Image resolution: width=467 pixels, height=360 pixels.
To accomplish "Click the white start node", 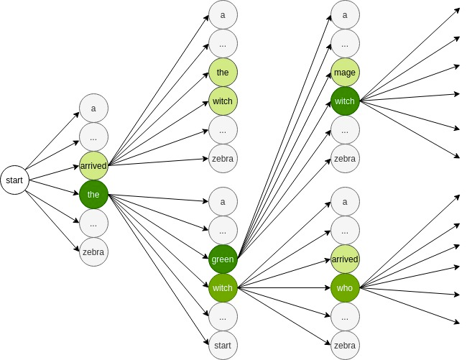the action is point(14,180).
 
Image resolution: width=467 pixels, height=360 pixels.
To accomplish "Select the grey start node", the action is point(223,346).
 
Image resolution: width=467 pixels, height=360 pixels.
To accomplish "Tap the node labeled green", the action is point(223,259).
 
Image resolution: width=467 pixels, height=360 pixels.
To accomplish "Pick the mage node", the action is point(345,73).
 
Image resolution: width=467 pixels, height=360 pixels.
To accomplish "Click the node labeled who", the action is point(345,288).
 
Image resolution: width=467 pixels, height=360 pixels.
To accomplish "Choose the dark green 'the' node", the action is point(93,195).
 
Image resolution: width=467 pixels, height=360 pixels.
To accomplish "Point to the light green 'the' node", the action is point(223,73).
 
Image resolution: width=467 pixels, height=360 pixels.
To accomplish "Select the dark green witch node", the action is point(345,101).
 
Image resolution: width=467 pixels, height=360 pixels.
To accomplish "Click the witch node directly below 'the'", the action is point(223,101).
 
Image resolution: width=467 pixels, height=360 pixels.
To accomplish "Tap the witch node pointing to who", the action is point(223,288).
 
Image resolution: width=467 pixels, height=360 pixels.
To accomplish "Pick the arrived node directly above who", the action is point(345,259).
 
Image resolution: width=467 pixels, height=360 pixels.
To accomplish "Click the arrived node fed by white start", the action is point(93,166).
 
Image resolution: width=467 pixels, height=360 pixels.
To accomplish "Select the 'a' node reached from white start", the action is point(93,108).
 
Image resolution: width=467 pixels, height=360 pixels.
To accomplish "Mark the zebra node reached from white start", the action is point(93,252).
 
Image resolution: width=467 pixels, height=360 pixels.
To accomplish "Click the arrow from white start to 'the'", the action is point(54,188).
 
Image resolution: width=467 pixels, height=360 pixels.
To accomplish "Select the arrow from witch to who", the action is point(284,288).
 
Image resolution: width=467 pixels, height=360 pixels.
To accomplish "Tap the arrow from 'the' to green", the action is point(159,227).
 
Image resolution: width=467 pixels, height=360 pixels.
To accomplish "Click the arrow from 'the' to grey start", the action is point(159,269).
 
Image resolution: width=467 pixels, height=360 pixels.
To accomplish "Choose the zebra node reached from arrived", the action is point(223,159).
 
